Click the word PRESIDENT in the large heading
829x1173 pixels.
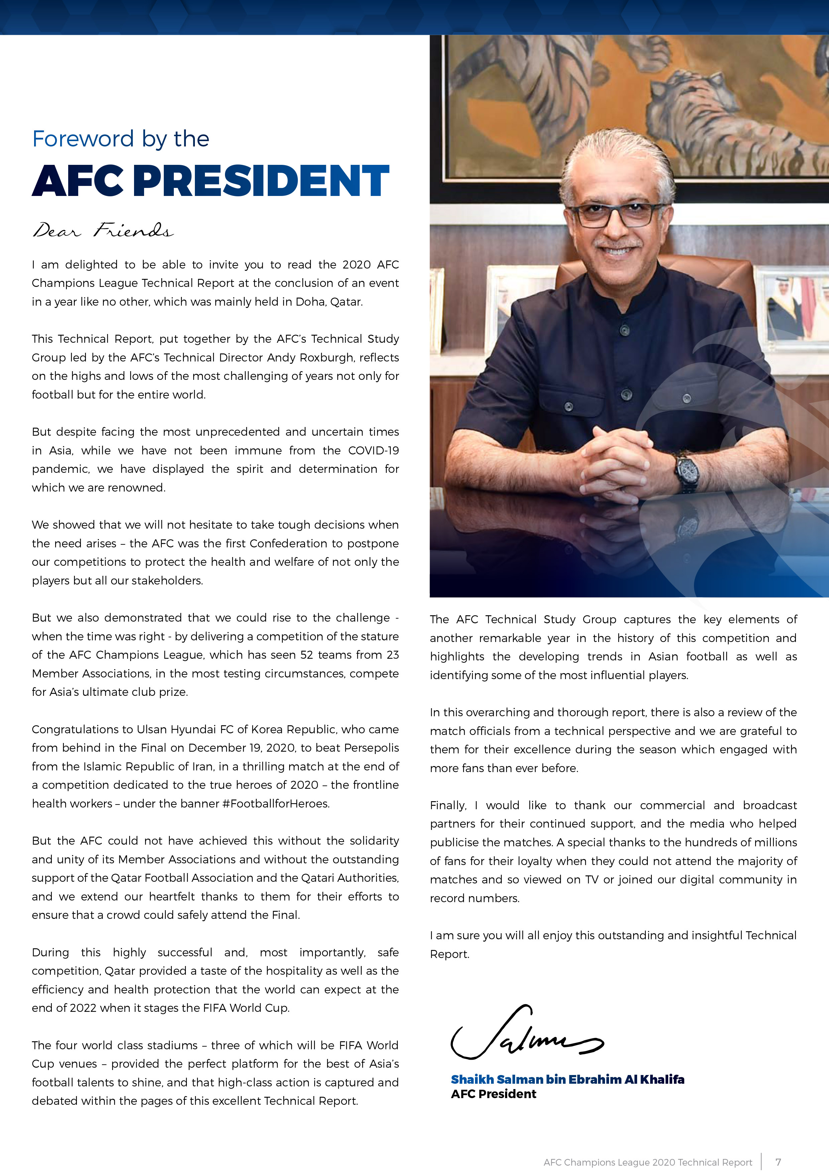click(261, 181)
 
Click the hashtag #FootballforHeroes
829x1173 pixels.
click(276, 804)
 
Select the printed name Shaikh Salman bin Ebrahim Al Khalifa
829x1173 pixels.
click(567, 1079)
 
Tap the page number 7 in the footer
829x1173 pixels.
click(779, 1162)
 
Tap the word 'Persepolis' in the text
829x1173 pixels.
click(371, 748)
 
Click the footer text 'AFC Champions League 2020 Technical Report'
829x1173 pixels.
click(648, 1162)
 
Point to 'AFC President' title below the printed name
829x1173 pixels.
click(493, 1094)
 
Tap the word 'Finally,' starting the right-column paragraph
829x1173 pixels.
click(448, 806)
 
